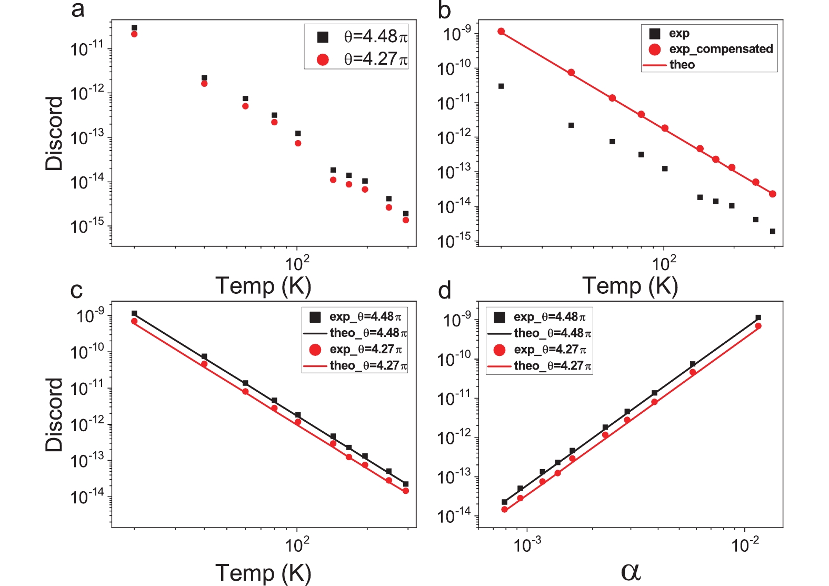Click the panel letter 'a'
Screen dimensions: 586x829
click(x=77, y=9)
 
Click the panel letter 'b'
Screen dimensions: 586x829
click(x=444, y=10)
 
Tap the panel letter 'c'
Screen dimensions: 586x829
click(x=76, y=290)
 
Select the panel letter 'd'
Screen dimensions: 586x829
click(x=444, y=290)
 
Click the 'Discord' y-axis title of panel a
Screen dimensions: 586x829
click(x=54, y=133)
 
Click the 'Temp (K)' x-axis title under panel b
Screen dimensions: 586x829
click(x=630, y=285)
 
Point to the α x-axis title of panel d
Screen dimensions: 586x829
click(x=631, y=571)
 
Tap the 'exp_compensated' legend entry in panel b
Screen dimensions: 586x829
click(x=720, y=49)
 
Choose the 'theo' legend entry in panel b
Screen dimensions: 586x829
click(x=682, y=65)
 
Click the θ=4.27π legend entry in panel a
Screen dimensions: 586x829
click(x=375, y=59)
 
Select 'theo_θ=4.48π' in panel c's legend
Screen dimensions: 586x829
click(x=367, y=333)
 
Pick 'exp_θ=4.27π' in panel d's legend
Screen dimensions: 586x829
click(x=550, y=350)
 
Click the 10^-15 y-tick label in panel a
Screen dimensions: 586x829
click(x=87, y=226)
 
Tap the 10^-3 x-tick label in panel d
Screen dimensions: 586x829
click(x=527, y=545)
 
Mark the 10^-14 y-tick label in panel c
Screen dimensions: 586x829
click(x=87, y=496)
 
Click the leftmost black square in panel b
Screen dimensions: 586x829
click(x=501, y=86)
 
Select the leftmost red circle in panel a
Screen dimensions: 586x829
click(x=134, y=34)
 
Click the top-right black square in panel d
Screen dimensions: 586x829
click(x=758, y=317)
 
